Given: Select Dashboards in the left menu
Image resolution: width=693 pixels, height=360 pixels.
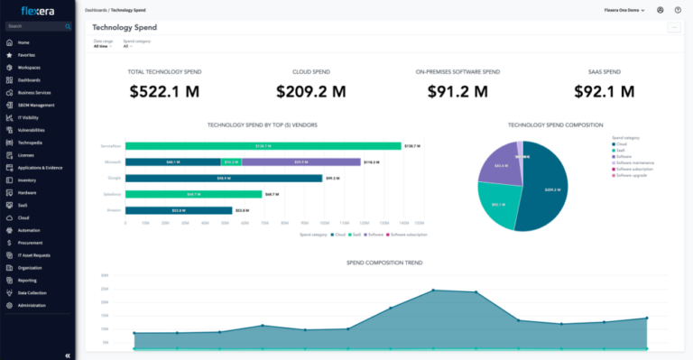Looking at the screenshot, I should click(x=29, y=80).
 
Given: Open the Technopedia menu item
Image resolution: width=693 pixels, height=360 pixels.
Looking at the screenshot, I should click(x=31, y=143).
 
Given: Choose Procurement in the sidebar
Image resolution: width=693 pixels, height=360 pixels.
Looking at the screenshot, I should click(x=30, y=243).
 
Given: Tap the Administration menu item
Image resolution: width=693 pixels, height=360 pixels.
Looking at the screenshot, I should click(x=32, y=305).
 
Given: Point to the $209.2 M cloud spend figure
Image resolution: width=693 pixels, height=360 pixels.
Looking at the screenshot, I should click(x=313, y=91).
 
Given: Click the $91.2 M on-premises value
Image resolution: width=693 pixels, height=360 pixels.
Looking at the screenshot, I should click(x=457, y=91).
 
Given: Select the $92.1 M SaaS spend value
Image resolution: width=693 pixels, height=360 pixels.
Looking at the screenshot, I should click(x=606, y=91).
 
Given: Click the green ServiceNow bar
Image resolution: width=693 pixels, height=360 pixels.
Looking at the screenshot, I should click(x=263, y=146).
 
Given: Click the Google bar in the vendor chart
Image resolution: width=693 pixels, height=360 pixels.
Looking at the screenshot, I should click(x=224, y=178).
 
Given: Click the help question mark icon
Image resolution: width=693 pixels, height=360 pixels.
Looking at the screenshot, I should click(x=678, y=10).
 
